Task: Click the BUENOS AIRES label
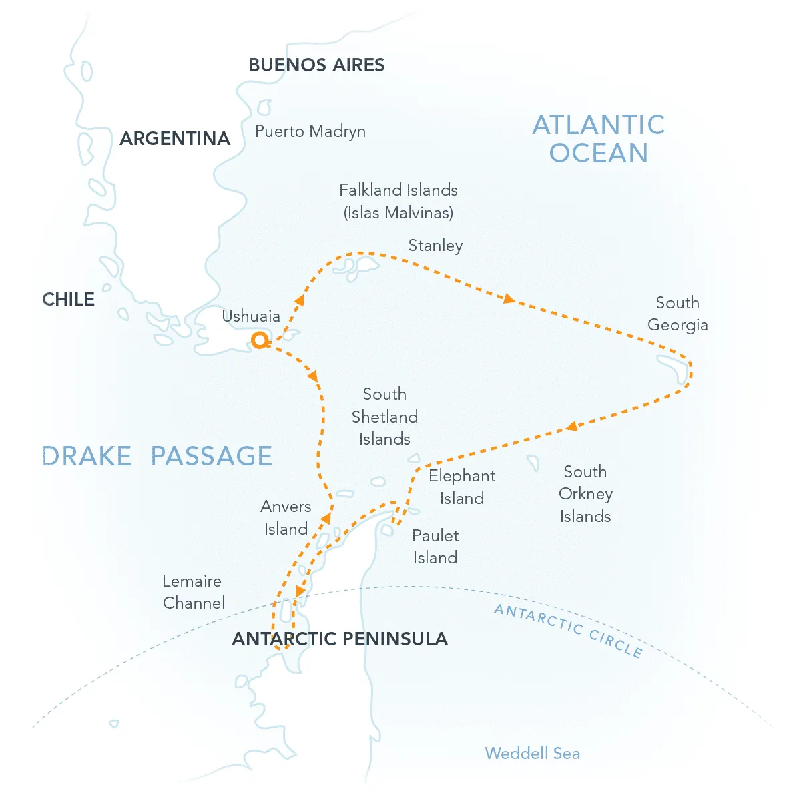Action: click(x=316, y=65)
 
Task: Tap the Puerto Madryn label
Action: click(x=310, y=131)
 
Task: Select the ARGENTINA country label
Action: click(x=175, y=139)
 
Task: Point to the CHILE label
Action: click(x=68, y=300)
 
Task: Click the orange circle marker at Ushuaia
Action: click(x=259, y=341)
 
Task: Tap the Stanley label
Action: click(x=435, y=246)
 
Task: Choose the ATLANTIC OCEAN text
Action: click(x=599, y=139)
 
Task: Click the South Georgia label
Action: click(x=678, y=314)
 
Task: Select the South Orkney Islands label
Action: click(x=585, y=494)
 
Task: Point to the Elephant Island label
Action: click(x=462, y=487)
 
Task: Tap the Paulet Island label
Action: click(x=435, y=547)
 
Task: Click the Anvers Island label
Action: click(x=286, y=518)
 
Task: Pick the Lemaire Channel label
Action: click(x=194, y=592)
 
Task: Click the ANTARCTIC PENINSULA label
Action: click(x=339, y=639)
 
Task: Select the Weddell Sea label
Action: click(x=532, y=754)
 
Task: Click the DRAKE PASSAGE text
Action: click(x=157, y=457)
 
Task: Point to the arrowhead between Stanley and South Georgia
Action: click(x=509, y=300)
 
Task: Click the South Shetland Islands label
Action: click(x=384, y=417)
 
